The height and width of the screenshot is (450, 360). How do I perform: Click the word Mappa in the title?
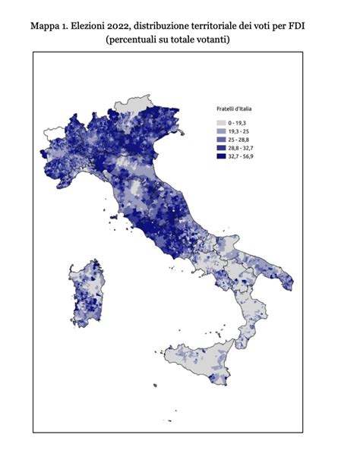46,26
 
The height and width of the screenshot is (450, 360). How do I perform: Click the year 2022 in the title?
128,26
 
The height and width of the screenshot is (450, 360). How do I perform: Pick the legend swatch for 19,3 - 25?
222,131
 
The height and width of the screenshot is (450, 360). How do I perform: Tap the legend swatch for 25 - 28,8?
222,140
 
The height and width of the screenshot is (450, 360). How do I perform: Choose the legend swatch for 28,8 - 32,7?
222,148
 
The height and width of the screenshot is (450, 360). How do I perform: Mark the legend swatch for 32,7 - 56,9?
222,156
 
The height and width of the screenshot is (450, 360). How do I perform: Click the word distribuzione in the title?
174,26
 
